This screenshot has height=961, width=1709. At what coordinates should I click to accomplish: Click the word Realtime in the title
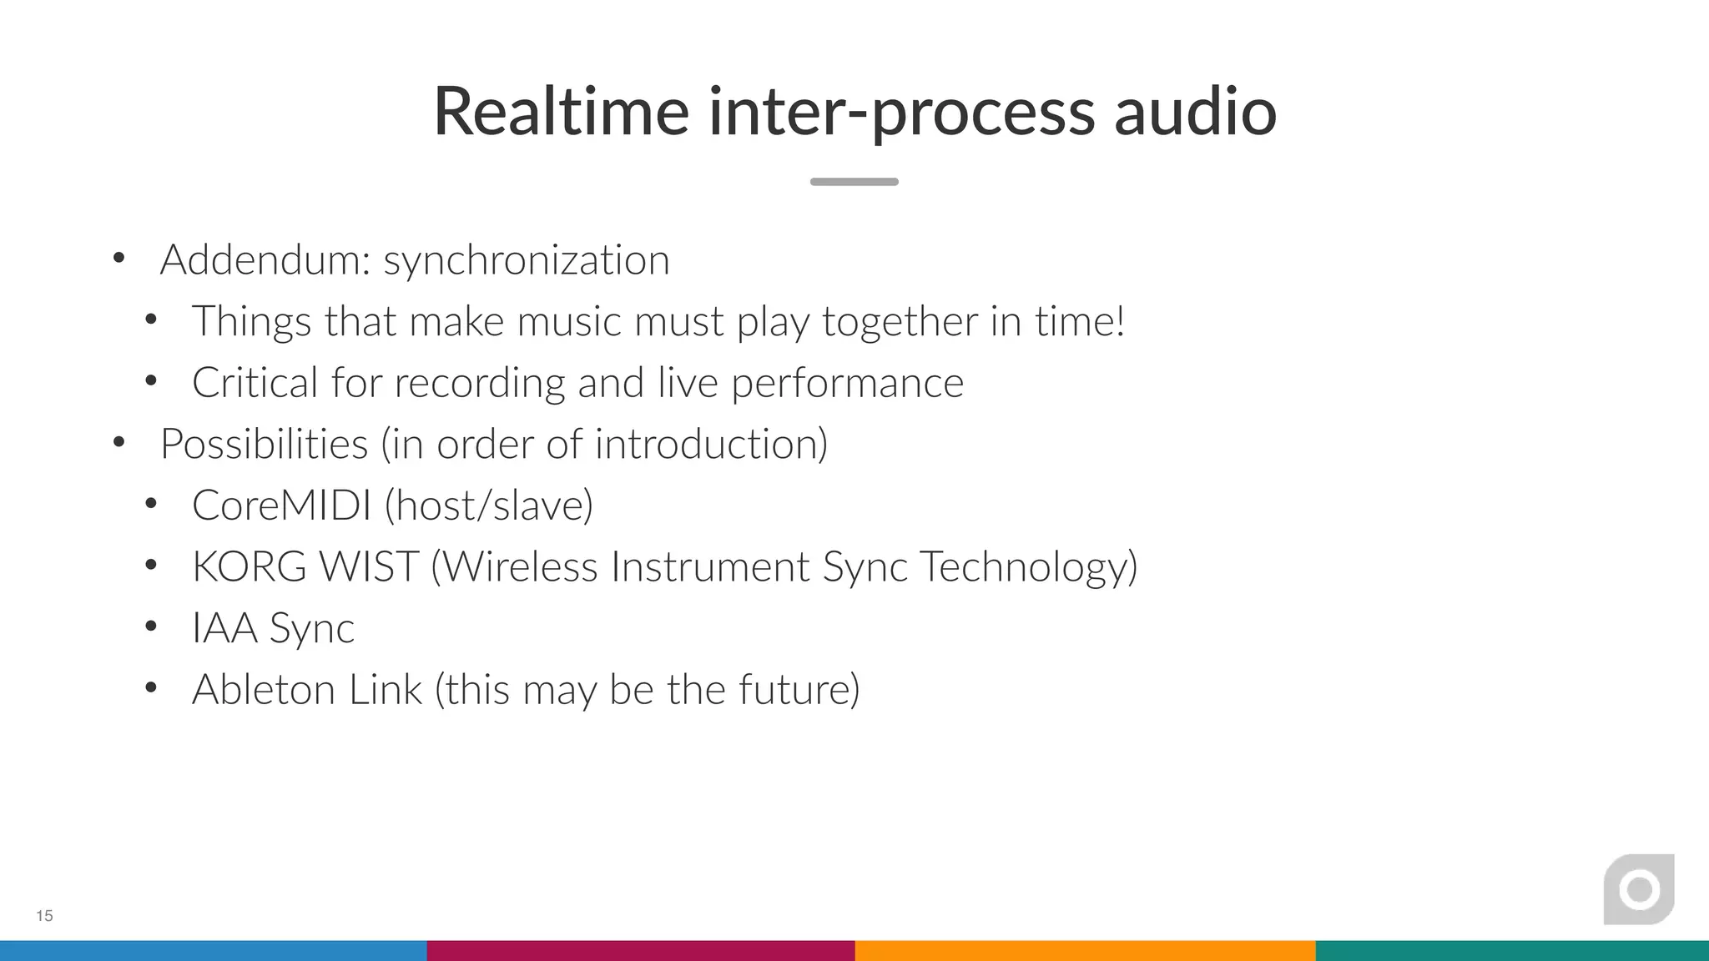561,112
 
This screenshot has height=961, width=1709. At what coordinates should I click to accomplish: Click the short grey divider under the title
854,182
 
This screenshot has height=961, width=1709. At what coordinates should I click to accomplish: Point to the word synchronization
527,260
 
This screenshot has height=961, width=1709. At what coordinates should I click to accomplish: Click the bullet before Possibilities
119,442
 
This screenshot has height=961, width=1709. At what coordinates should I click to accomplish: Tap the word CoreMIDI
281,506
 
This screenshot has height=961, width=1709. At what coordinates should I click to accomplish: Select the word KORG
250,567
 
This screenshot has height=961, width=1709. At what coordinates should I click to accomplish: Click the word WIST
368,567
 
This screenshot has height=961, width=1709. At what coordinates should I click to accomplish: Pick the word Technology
1028,567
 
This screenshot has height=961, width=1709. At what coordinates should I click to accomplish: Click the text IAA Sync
273,628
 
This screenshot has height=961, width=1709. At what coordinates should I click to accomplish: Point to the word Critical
255,383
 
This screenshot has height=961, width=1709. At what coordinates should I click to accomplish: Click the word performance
847,383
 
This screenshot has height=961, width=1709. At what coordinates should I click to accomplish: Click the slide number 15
44,916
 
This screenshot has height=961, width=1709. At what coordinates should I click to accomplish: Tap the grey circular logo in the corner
1639,889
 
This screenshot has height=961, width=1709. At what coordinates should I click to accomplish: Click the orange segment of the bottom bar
1085,951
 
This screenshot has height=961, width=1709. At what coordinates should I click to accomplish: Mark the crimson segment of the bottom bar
641,951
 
